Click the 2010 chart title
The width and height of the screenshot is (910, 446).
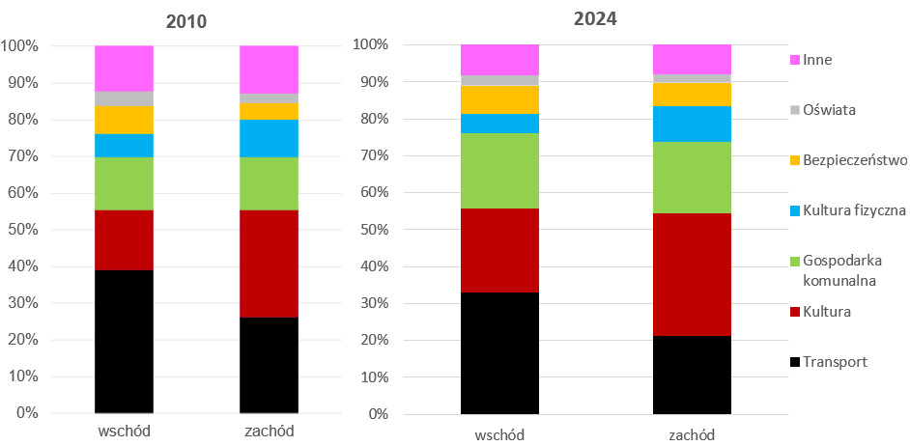pyautogui.click(x=185, y=21)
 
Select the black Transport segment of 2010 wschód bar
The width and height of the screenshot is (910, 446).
pyautogui.click(x=124, y=341)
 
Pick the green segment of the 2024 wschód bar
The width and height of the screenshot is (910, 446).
pyautogui.click(x=499, y=171)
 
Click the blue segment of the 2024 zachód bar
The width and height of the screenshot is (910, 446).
pyautogui.click(x=692, y=124)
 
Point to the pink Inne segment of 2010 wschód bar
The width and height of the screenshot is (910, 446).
pyautogui.click(x=124, y=69)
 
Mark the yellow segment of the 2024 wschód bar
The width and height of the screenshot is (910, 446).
pyautogui.click(x=499, y=99)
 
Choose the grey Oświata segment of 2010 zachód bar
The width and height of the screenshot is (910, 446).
pyautogui.click(x=269, y=98)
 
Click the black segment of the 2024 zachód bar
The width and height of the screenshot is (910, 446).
pyautogui.click(x=692, y=375)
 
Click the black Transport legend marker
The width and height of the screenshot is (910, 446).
pyautogui.click(x=795, y=362)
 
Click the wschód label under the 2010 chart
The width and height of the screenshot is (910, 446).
pyautogui.click(x=124, y=431)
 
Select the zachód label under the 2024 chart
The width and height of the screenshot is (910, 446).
pyautogui.click(x=692, y=433)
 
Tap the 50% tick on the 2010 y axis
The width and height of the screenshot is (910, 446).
pyautogui.click(x=20, y=230)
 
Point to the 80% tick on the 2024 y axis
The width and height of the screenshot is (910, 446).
pyautogui.click(x=372, y=119)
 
